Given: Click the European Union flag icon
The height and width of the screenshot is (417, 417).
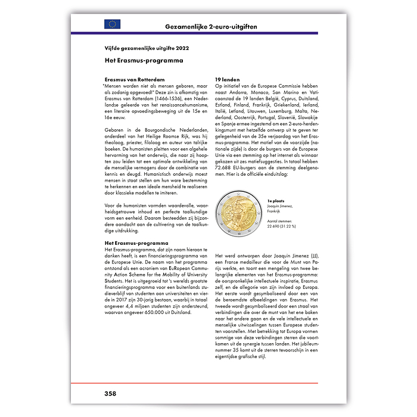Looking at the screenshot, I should (112, 24).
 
